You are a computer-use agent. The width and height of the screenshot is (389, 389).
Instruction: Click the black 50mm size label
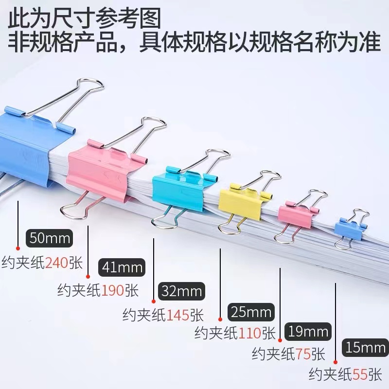click(x=50, y=239)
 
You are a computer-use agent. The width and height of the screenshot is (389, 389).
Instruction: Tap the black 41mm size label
click(x=122, y=266)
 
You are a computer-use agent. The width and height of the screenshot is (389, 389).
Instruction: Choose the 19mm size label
click(x=308, y=332)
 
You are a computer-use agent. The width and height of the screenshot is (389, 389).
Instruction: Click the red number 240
click(x=57, y=263)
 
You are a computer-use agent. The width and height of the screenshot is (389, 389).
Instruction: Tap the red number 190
click(x=113, y=290)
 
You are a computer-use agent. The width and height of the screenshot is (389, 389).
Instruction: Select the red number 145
click(x=177, y=315)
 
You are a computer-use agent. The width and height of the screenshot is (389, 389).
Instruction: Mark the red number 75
click(x=304, y=354)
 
